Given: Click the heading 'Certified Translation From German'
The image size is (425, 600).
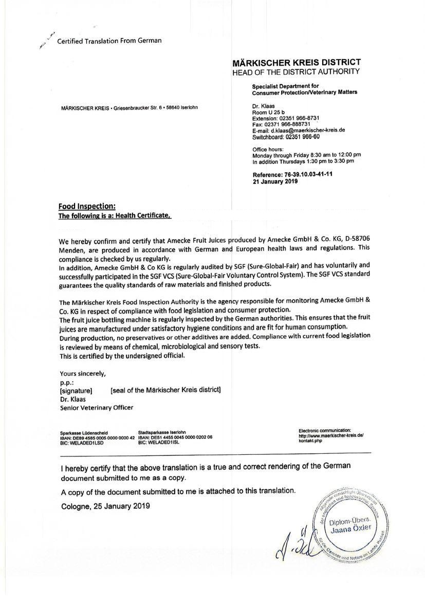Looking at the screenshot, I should pos(109,41).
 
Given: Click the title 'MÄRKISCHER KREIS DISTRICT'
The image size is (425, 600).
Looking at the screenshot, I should pos(297,63).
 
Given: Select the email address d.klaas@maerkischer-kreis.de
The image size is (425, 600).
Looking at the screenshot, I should pos(308,130).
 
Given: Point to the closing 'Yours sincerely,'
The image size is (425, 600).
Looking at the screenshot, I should pos(83,374).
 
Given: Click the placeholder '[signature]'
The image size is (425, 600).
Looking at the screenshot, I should pos(76,391).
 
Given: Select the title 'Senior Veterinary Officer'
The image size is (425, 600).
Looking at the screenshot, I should pos(97,408).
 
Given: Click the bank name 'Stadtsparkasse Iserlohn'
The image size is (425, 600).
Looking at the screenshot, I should pos(162,432).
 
